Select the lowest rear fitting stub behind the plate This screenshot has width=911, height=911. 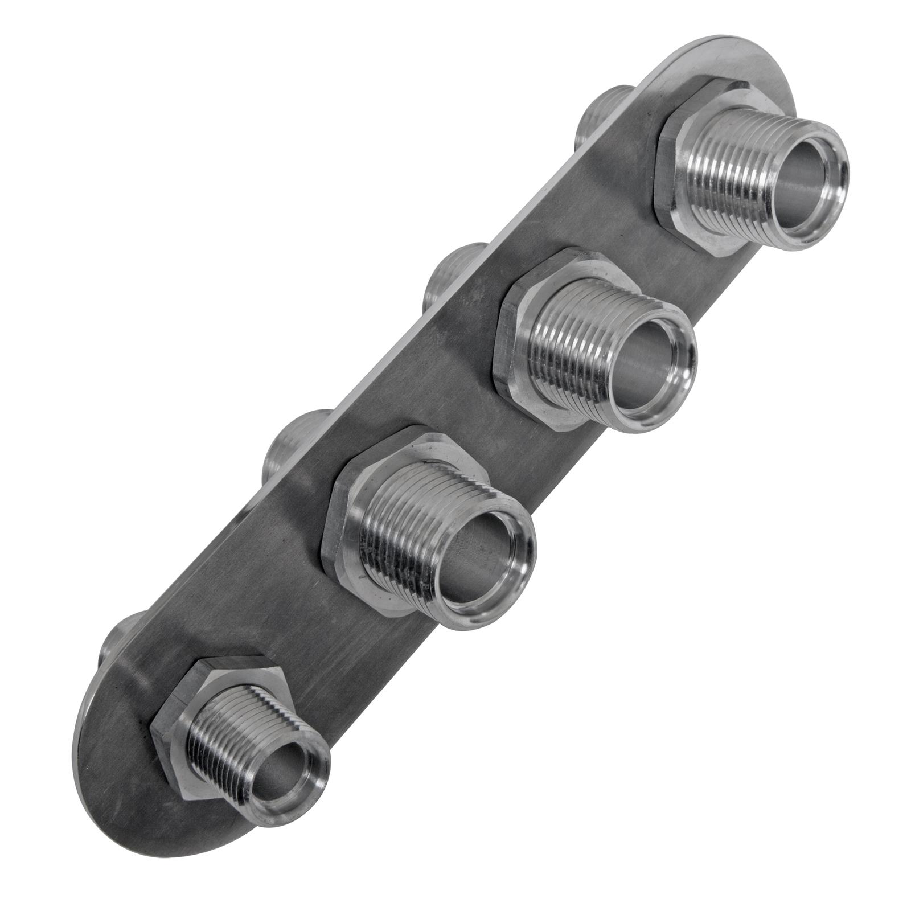(x=120, y=638)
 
